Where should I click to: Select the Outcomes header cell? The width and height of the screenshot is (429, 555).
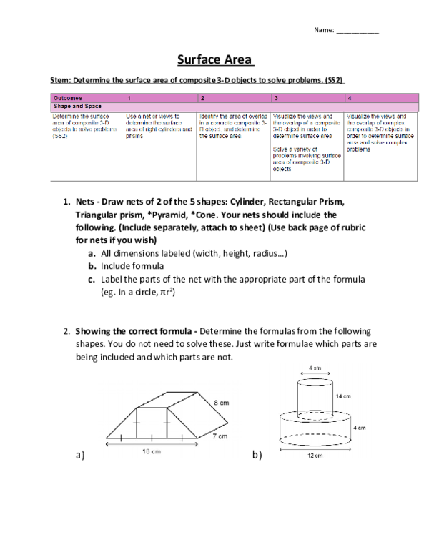point(68,97)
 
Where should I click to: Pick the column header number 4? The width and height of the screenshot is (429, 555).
point(349,97)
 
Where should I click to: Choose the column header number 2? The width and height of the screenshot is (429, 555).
point(203,97)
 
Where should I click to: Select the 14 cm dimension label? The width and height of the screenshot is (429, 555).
point(343,396)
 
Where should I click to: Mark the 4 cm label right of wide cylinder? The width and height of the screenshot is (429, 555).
point(360,428)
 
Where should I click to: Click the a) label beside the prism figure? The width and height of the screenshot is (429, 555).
point(79,456)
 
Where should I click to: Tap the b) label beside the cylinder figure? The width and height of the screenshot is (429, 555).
point(257,456)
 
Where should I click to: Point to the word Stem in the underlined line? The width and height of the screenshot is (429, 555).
point(59,81)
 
